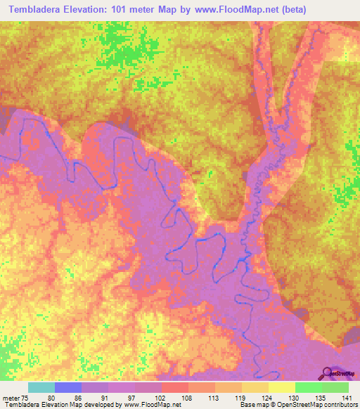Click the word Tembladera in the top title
34,9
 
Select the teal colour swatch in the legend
41,387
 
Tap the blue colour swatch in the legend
68,387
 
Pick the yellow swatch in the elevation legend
281,387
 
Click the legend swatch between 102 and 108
174,387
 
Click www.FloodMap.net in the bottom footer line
150,405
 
